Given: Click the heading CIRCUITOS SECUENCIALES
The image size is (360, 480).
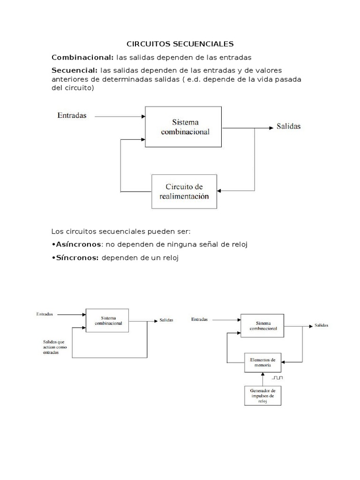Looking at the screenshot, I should pyautogui.click(x=180, y=44).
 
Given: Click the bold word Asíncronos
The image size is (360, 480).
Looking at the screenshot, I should pyautogui.click(x=78, y=244).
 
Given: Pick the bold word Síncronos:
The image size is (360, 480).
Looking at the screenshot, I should pyautogui.click(x=76, y=258).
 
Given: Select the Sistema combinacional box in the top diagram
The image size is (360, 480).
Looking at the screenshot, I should pyautogui.click(x=184, y=127).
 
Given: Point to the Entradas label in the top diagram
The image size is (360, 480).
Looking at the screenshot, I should pyautogui.click(x=72, y=115).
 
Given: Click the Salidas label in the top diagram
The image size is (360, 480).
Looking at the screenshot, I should pyautogui.click(x=288, y=127).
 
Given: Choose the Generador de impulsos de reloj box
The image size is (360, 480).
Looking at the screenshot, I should pyautogui.click(x=263, y=395).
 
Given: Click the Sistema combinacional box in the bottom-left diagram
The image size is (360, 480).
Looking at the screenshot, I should pyautogui.click(x=108, y=321).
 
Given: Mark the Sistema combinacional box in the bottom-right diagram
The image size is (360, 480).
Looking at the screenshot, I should pyautogui.click(x=263, y=326).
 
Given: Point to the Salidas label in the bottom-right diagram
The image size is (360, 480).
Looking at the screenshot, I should pyautogui.click(x=321, y=325).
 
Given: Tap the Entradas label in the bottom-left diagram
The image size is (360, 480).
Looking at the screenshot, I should pyautogui.click(x=45, y=314).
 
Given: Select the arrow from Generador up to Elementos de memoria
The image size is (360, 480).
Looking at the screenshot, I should pyautogui.click(x=263, y=379).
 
